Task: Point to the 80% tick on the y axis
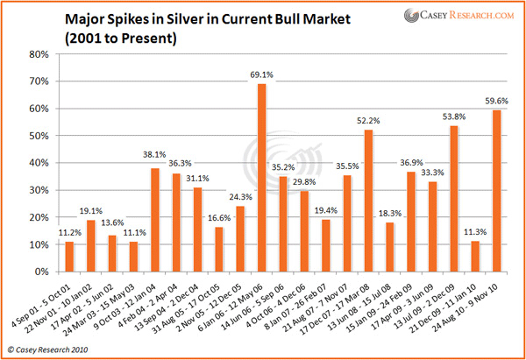[36, 53]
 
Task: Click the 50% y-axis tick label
[36, 136]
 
